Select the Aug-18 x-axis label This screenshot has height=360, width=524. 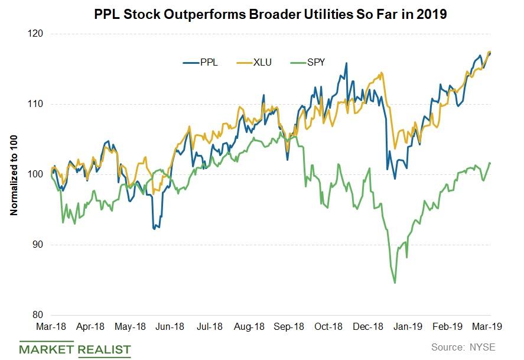pyautogui.click(x=249, y=326)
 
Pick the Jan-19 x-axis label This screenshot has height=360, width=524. pyautogui.click(x=408, y=326)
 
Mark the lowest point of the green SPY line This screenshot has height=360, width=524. pyautogui.click(x=395, y=283)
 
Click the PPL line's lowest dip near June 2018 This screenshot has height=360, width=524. pyautogui.click(x=155, y=229)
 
